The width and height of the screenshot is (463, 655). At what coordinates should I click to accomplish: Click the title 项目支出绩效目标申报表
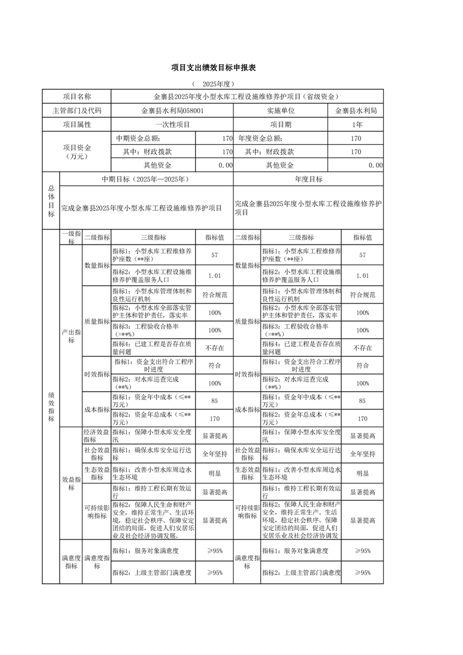coord(209,68)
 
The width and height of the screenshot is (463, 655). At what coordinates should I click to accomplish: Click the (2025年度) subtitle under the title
coord(208,84)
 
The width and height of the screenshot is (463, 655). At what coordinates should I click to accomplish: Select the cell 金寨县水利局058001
coord(172,110)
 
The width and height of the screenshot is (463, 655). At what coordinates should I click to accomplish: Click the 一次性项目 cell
coord(172,124)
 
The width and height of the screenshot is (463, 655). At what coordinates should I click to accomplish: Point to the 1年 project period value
coord(357,124)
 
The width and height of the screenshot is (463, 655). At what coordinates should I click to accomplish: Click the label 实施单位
coord(281,110)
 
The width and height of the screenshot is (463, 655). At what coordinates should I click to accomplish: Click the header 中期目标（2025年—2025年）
coord(147,179)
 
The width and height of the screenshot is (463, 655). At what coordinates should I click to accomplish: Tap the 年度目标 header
coord(308,179)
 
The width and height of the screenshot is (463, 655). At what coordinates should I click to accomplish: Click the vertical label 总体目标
coord(51,201)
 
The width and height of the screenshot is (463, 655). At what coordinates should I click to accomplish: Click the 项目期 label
coord(281,124)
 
